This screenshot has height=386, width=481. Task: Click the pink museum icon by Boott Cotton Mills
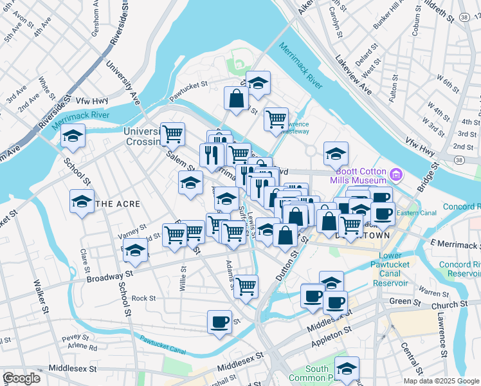(x=396, y=174)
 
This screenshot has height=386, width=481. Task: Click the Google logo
(x=21, y=378)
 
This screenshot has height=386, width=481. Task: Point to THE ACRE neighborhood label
(x=117, y=203)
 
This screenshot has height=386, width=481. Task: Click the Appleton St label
(x=331, y=337)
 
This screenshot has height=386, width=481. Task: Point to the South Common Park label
(x=318, y=373)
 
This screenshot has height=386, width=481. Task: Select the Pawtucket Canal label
(x=163, y=347)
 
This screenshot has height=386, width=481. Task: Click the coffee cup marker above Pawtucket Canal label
(x=219, y=321)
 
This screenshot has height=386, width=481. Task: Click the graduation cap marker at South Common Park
(x=347, y=368)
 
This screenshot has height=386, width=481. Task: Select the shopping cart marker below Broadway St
(x=246, y=286)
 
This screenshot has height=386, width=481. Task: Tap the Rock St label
(x=143, y=299)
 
